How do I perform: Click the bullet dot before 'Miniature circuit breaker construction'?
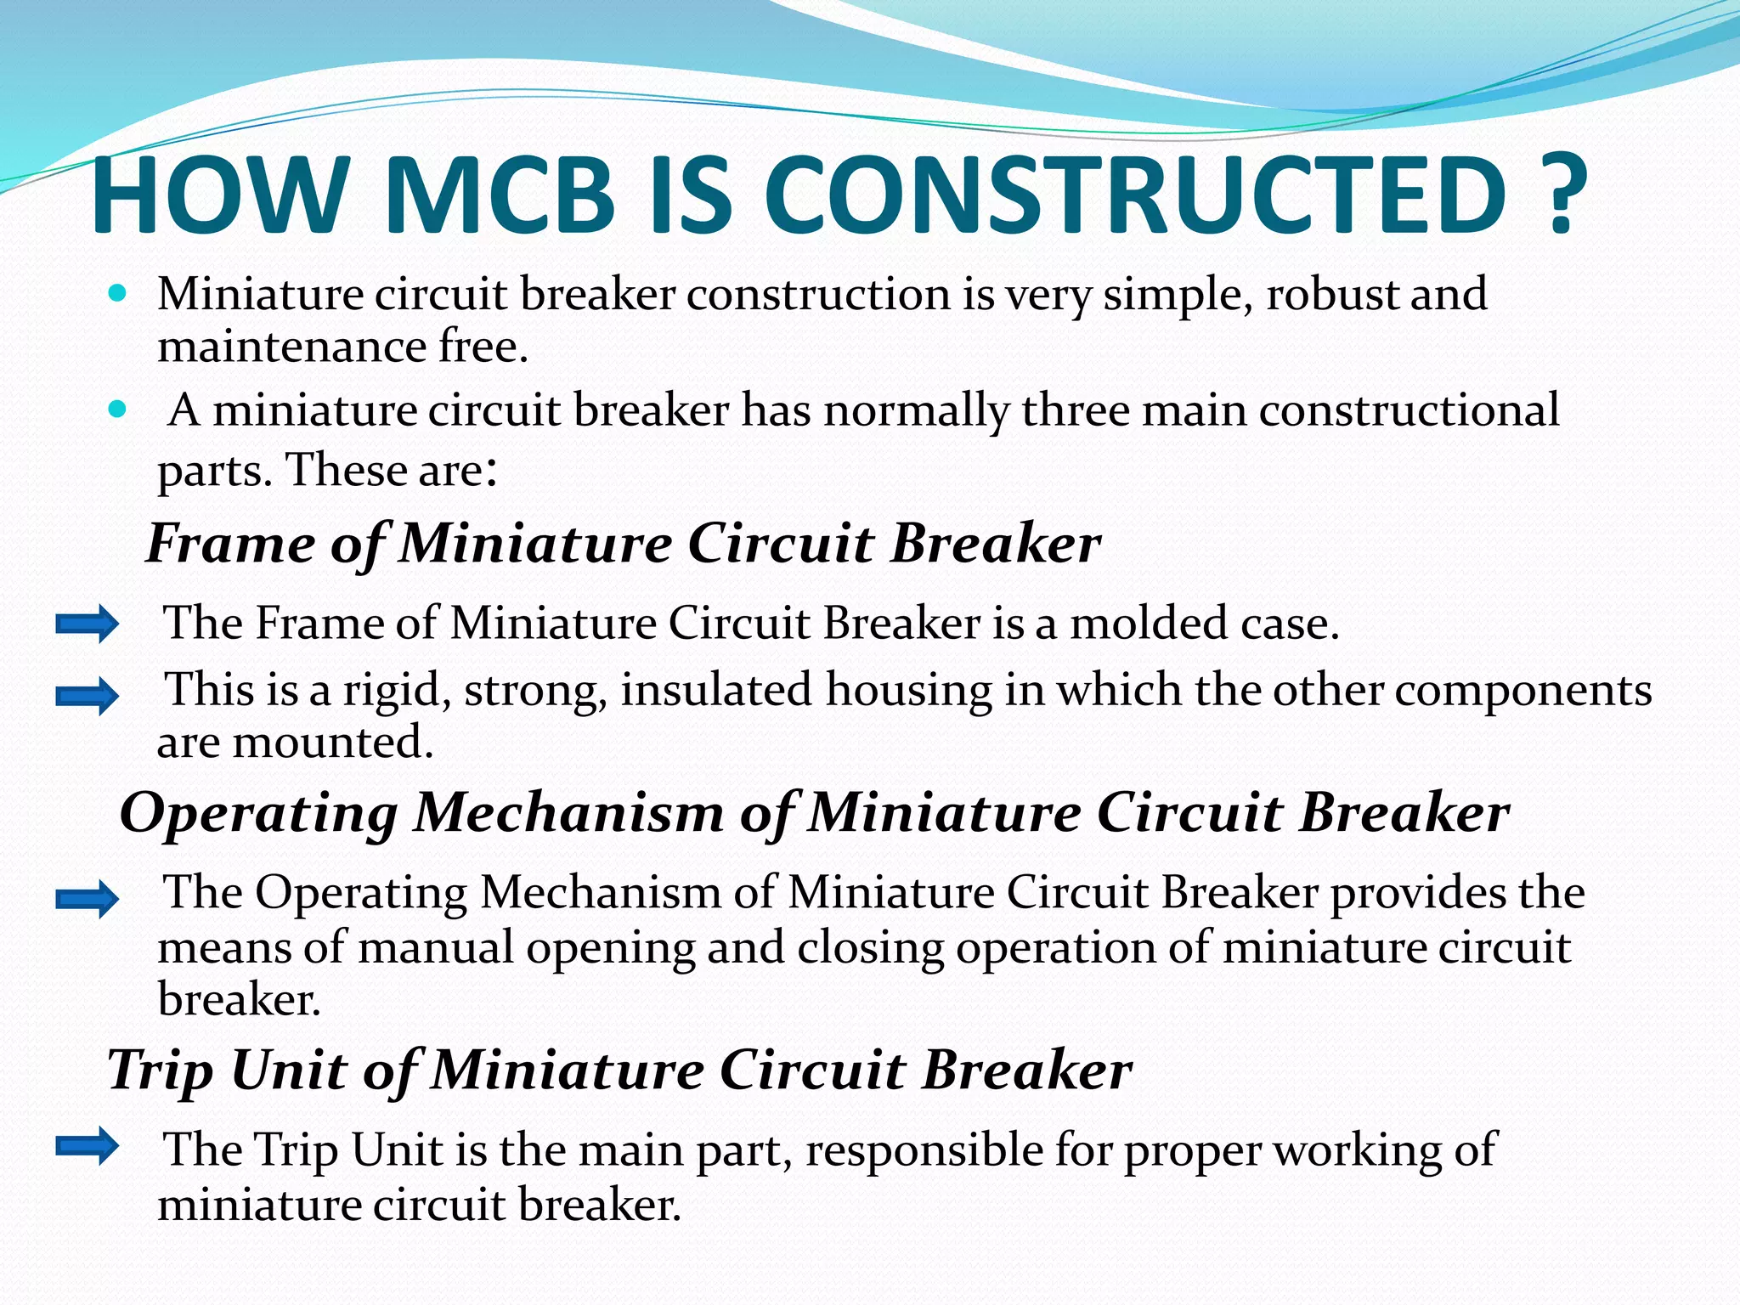tap(118, 294)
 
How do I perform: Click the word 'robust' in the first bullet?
tap(1331, 294)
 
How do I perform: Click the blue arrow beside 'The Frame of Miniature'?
tap(87, 624)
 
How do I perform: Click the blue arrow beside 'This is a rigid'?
tap(87, 697)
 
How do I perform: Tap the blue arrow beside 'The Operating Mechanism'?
tap(87, 899)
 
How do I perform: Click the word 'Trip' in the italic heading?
tap(161, 1070)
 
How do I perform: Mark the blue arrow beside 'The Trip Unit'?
tap(87, 1146)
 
